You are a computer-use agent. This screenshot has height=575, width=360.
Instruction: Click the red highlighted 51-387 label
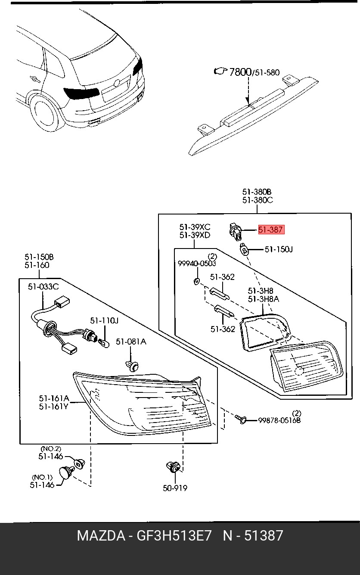point(271,230)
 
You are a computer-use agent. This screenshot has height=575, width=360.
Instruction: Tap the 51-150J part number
point(278,249)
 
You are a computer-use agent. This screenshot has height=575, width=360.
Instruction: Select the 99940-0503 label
point(197,263)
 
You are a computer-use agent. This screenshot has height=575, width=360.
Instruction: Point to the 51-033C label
point(43,287)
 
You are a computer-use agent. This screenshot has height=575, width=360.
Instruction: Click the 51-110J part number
point(104,321)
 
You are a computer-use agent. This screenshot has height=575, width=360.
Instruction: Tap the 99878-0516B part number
point(279,420)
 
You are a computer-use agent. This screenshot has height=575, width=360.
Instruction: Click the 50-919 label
point(175,488)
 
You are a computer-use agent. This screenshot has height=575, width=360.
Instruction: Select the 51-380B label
point(257,192)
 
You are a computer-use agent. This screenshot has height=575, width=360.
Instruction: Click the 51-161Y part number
point(53,406)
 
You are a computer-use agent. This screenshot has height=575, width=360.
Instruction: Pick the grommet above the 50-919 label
point(173,467)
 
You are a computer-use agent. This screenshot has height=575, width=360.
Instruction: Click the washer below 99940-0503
point(196,281)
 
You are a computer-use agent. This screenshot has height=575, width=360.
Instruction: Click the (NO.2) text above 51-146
point(51,448)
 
